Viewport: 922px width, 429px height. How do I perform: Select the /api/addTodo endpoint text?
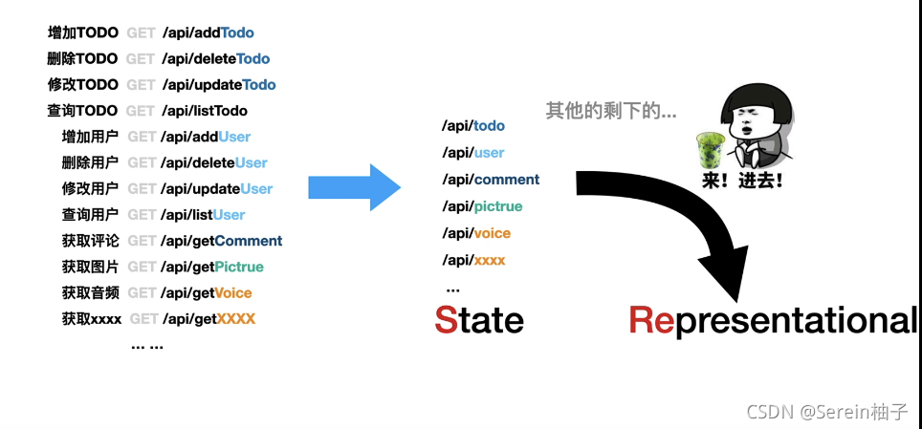(x=208, y=32)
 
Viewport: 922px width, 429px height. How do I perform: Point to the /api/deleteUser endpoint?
(x=215, y=162)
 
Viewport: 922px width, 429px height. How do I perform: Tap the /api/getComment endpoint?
(x=223, y=241)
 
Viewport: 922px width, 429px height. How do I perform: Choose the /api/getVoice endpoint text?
(x=208, y=292)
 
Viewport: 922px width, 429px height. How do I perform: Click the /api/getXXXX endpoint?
(x=209, y=318)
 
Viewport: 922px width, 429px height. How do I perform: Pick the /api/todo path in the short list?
(x=473, y=125)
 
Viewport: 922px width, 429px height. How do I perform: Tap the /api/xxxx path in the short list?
(x=473, y=260)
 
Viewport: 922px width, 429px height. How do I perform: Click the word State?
(x=479, y=319)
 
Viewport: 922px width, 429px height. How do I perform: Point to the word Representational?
(x=773, y=320)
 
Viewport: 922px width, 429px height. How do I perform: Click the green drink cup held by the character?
(x=709, y=149)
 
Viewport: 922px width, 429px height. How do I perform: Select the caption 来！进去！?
(x=742, y=180)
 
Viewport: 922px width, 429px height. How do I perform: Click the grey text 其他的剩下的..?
(x=611, y=111)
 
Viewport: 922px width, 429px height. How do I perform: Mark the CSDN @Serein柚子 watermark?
(x=826, y=411)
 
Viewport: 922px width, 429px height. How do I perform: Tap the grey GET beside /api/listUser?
(x=142, y=215)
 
